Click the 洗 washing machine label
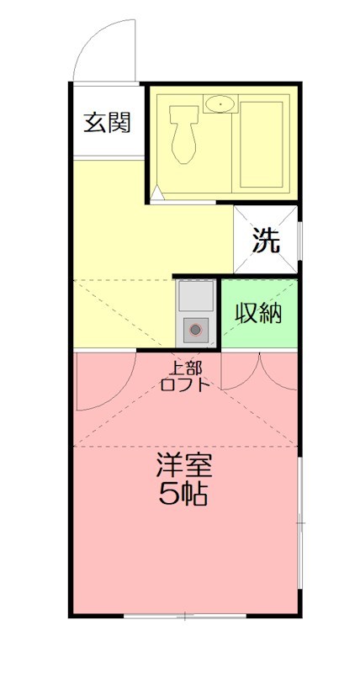coord(266,241)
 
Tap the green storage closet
coord(259,332)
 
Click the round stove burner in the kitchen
coord(196,330)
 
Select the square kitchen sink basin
coord(196,296)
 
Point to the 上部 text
coord(187,368)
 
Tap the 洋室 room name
coord(184,464)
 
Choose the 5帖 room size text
coord(184,495)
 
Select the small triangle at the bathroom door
coord(156,193)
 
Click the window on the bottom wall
coord(185,617)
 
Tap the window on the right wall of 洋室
coord(299,522)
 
